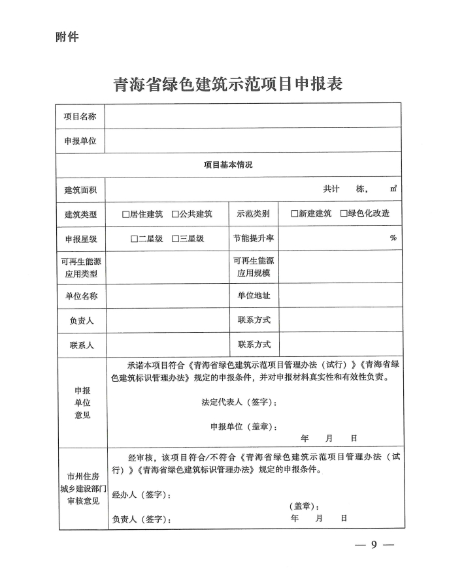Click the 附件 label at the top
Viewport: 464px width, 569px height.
67,37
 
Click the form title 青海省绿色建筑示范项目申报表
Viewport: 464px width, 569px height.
228,84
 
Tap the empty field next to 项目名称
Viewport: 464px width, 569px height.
253,116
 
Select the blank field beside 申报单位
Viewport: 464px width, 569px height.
253,140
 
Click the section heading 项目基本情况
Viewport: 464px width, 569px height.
228,164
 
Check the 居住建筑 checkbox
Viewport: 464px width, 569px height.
125,214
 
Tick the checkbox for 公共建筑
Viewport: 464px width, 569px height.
175,214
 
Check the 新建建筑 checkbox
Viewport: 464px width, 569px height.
295,214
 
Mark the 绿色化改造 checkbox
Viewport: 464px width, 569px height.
344,214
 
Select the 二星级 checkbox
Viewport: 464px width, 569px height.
134,239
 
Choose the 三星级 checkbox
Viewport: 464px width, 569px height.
175,239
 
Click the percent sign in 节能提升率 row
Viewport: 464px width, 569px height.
393,238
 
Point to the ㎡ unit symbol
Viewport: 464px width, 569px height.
393,189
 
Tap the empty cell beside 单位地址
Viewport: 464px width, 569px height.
340,296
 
